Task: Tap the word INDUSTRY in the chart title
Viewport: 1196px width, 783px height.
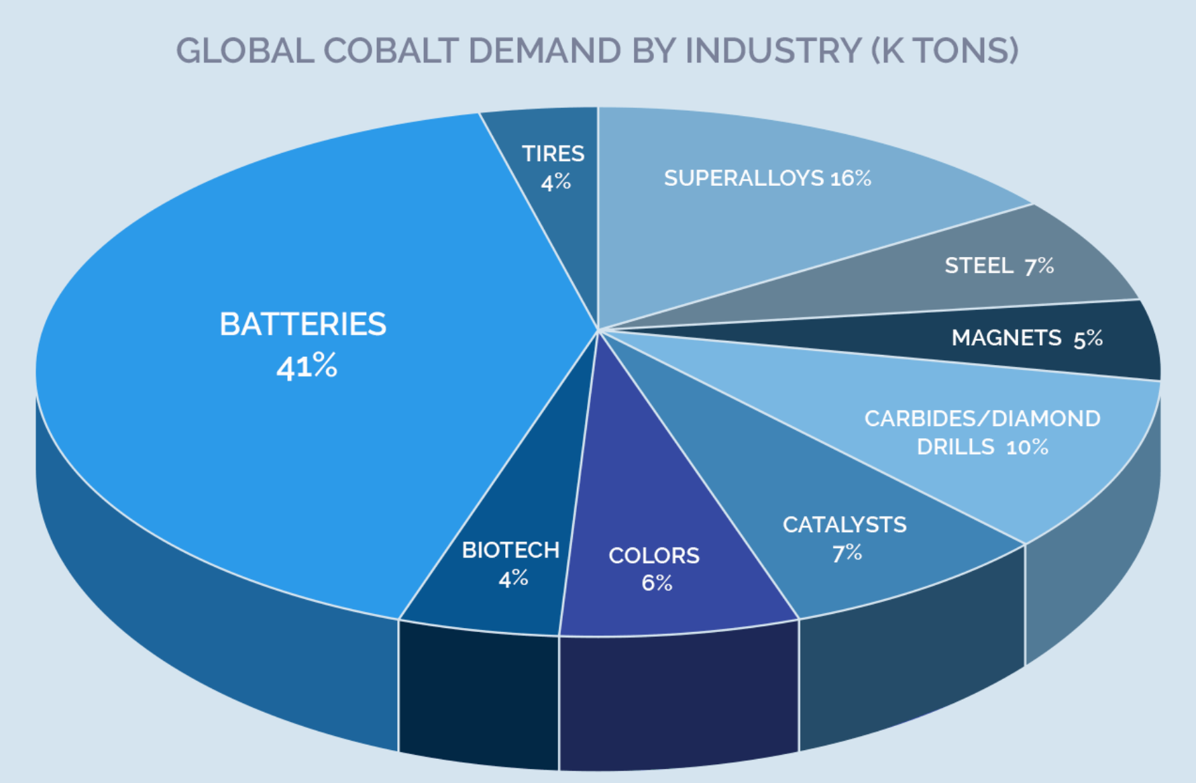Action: [x=772, y=51]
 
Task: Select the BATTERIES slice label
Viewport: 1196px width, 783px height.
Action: [x=303, y=324]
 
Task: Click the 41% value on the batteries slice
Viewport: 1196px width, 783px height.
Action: [x=307, y=366]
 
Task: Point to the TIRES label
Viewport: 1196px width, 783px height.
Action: [x=553, y=154]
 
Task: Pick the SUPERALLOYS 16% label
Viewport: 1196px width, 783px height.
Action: [x=767, y=178]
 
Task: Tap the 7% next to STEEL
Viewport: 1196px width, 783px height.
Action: [x=1038, y=266]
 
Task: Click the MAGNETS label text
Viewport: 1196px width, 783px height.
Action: [x=1006, y=337]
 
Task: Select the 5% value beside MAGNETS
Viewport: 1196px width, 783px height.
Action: [x=1087, y=339]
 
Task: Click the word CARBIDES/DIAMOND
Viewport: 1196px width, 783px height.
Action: [x=982, y=419]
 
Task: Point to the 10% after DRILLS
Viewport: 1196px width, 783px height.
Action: [x=1026, y=448]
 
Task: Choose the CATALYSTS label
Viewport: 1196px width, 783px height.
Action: [x=844, y=525]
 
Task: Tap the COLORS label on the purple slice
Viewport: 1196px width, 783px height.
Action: [x=653, y=556]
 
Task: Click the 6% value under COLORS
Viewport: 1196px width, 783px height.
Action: [x=656, y=582]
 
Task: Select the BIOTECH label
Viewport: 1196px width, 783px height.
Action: [x=510, y=550]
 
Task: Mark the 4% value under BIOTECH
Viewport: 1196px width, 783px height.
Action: [x=513, y=578]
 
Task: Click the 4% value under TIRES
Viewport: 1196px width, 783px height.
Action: [x=555, y=182]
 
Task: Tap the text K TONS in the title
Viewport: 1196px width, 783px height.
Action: [x=944, y=51]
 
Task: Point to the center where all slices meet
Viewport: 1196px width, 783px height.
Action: [x=598, y=330]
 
